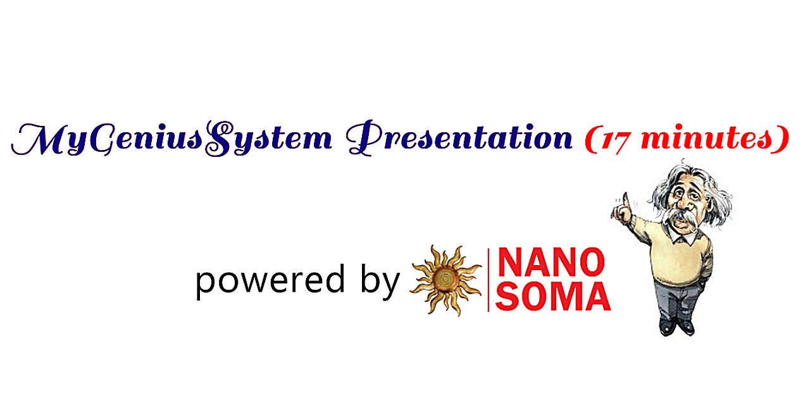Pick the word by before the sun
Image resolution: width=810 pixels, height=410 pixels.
point(380,282)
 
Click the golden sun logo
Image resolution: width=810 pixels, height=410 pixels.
point(445,280)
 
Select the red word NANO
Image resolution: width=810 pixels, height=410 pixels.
point(551,263)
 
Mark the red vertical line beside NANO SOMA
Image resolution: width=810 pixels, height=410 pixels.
point(488,280)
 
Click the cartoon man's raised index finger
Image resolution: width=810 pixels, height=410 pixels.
point(625,199)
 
